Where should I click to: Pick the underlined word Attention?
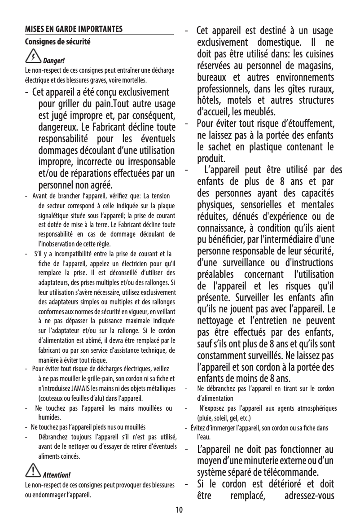click(x=56, y=475)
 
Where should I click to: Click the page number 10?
click(x=180, y=510)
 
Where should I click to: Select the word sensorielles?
click(x=261, y=206)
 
